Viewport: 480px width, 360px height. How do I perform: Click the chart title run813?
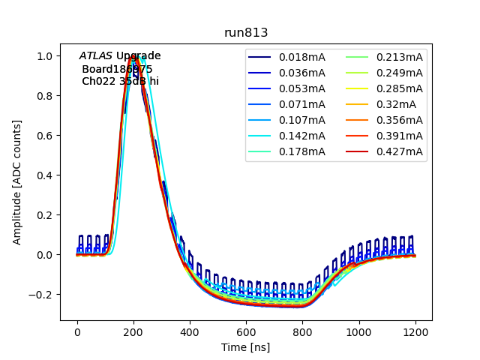click(246, 33)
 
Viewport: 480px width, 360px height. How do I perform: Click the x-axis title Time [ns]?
click(246, 347)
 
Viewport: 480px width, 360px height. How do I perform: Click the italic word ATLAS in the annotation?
click(96, 56)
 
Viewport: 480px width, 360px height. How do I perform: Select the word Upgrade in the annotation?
click(138, 56)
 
